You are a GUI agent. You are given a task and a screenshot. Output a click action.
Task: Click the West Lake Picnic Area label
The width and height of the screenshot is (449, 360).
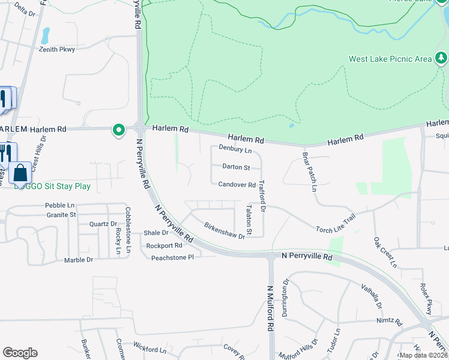tap(390, 59)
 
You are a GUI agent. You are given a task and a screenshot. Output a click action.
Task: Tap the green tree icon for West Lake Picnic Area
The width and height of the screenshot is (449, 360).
tap(442, 58)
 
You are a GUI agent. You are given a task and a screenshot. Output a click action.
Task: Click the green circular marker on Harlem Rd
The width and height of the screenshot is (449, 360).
tap(119, 129)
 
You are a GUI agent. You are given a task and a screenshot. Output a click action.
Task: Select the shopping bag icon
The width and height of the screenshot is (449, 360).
tap(20, 173)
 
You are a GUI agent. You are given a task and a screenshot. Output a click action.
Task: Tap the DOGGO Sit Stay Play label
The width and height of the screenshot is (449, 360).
tap(52, 187)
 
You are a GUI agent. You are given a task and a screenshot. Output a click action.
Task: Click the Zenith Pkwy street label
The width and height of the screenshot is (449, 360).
tap(57, 49)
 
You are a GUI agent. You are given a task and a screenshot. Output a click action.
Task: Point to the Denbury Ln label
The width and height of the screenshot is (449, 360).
tap(235, 148)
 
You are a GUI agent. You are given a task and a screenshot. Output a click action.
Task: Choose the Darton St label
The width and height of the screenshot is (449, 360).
tap(236, 167)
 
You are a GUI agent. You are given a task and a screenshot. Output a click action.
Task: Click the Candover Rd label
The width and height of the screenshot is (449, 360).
tap(237, 185)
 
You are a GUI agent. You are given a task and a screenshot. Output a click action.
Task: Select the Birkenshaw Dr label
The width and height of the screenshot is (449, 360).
tap(224, 232)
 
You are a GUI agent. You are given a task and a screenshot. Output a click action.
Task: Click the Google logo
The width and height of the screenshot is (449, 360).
tap(20, 353)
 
